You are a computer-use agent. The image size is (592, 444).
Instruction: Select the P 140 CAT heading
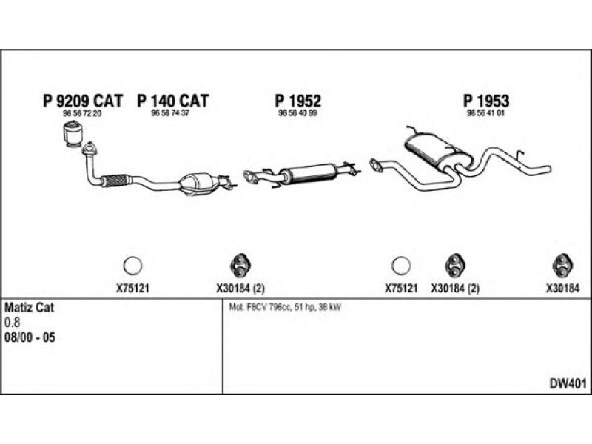[x=173, y=101]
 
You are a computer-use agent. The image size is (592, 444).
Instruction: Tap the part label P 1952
[x=298, y=101]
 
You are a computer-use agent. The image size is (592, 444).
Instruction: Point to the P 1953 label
[x=485, y=101]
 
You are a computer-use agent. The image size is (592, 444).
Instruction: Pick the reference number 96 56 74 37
[x=170, y=115]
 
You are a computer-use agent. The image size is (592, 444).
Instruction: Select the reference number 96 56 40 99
[x=298, y=115]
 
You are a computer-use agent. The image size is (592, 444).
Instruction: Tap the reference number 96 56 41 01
[x=485, y=115]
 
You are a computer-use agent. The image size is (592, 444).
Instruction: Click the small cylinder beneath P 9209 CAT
[x=73, y=136]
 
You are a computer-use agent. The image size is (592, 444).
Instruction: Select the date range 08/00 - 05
[x=30, y=337]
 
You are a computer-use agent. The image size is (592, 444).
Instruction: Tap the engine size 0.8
[x=13, y=322]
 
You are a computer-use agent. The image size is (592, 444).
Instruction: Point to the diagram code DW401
[x=568, y=384]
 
